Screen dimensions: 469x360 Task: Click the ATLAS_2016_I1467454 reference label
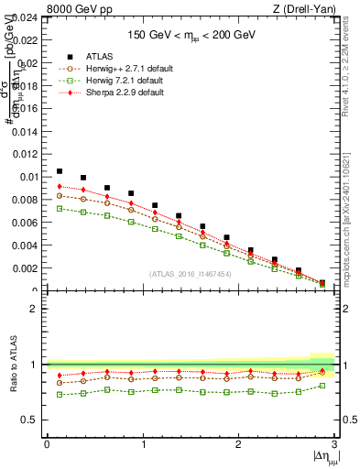[191, 274]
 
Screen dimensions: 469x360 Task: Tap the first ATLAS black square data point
[60, 171]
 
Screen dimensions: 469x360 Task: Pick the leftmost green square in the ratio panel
[60, 395]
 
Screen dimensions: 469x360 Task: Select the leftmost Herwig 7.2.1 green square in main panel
[60, 209]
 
